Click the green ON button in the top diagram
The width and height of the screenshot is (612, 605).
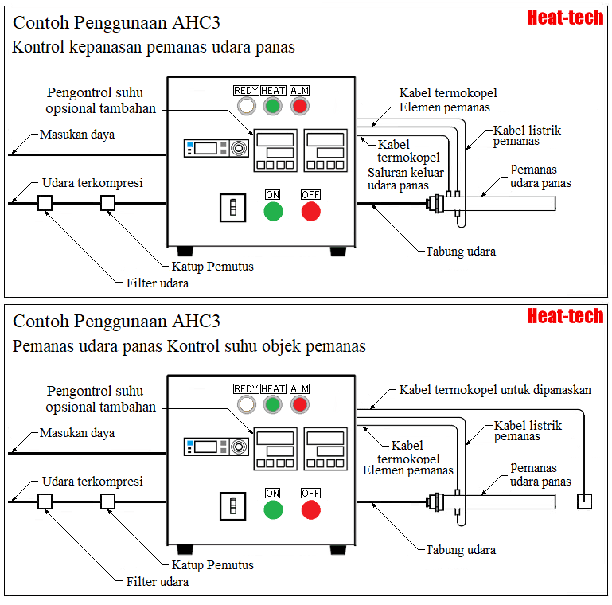[273, 211]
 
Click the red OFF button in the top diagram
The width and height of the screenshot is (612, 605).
[310, 211]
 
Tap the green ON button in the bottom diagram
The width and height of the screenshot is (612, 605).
[273, 510]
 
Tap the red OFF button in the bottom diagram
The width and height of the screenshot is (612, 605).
[310, 510]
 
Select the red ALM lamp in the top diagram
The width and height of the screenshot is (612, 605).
[299, 106]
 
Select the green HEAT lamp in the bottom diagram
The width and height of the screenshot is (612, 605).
[273, 404]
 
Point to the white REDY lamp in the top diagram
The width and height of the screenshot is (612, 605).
[246, 106]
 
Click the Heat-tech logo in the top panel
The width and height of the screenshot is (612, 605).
[565, 18]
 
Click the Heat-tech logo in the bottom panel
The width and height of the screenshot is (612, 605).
[565, 316]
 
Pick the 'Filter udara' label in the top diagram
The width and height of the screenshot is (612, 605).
[158, 283]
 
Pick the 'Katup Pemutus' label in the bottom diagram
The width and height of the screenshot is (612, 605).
[212, 565]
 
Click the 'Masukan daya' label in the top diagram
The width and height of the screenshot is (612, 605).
[77, 135]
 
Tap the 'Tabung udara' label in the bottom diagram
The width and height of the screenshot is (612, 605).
[461, 550]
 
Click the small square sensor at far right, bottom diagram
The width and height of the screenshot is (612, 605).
[584, 501]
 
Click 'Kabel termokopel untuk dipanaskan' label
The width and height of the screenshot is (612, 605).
[495, 390]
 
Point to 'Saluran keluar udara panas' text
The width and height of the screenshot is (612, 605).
[406, 179]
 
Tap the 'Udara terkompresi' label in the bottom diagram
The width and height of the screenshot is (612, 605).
[92, 482]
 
